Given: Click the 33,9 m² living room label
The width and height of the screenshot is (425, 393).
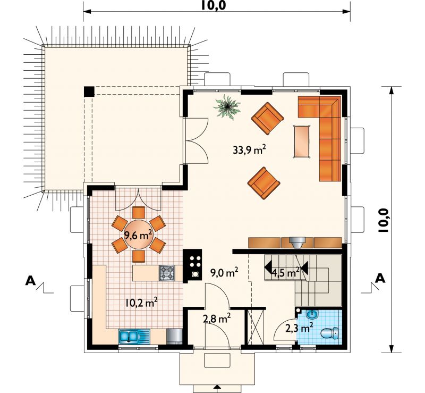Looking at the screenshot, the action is [249, 149].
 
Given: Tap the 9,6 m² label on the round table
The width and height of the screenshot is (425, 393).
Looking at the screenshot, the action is [138, 235].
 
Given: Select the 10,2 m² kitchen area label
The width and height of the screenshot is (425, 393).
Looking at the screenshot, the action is [142, 302].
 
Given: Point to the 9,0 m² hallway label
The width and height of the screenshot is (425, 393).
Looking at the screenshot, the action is [224, 272].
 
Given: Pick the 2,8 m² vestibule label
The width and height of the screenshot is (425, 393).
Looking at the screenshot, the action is [217, 318].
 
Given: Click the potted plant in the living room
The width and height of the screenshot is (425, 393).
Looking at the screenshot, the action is [227, 106].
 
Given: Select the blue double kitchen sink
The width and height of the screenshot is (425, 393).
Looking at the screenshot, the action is [134, 337].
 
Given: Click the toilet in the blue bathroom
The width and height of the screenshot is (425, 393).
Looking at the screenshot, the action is [329, 333].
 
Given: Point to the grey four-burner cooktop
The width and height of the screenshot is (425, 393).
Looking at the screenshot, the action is [167, 273].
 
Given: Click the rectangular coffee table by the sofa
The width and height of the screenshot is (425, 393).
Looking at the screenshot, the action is [302, 141].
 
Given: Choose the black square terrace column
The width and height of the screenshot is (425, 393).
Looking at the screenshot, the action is [89, 91].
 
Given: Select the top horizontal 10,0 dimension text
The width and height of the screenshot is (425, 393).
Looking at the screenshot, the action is [214, 5].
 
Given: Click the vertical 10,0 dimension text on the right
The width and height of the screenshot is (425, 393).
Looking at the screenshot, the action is [384, 221].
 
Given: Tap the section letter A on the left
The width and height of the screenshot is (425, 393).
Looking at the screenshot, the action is [30, 281].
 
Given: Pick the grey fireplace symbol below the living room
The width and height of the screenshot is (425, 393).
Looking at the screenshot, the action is [297, 242].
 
